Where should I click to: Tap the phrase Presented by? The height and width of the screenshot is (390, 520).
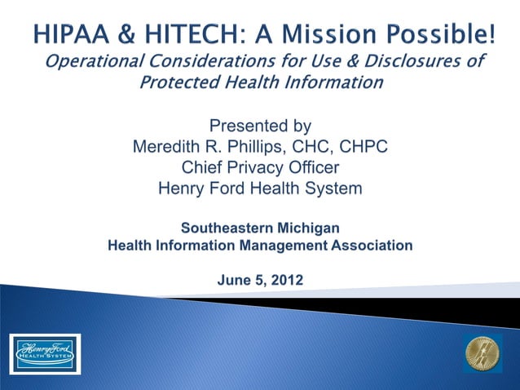point(260,126)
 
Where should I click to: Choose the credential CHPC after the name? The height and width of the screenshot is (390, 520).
point(360,148)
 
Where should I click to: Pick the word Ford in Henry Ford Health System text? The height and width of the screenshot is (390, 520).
point(230,189)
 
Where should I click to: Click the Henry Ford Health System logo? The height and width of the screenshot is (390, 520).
point(46,352)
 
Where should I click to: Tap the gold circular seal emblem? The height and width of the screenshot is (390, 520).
point(483,352)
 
